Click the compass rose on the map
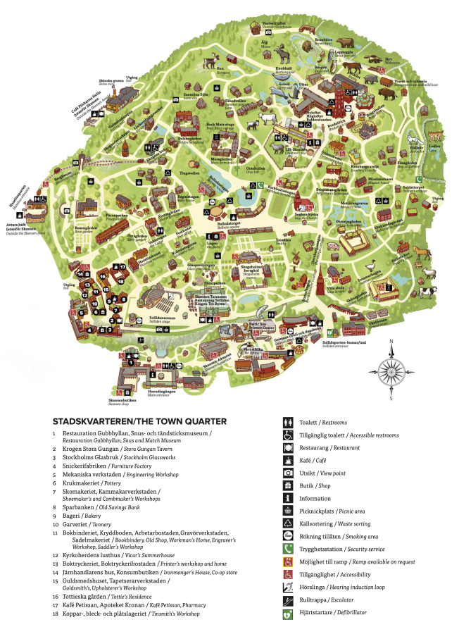click(391, 369)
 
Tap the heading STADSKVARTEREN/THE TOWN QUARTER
click(139, 421)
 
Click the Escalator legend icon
click(289, 599)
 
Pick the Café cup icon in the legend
click(289, 460)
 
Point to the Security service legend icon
click(289, 549)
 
